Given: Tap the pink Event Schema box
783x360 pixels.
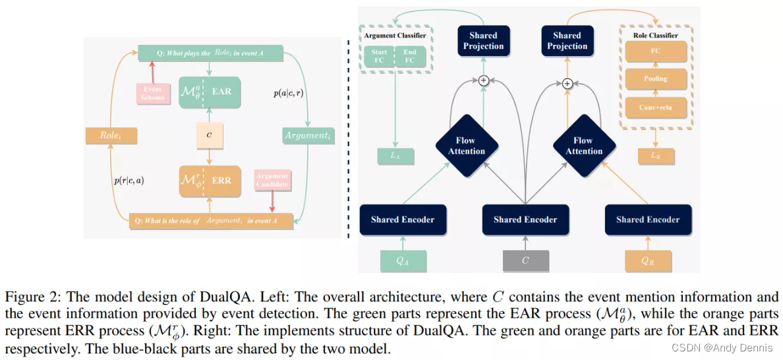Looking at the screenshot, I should click(x=153, y=93).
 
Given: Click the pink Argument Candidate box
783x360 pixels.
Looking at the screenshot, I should click(x=272, y=181).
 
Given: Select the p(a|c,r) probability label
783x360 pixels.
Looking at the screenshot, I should click(x=288, y=93).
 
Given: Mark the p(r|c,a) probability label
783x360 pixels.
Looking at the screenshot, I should click(x=129, y=180).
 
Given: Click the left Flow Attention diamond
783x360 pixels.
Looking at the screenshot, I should click(x=467, y=146).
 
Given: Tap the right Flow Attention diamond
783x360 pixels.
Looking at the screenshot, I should click(x=583, y=146).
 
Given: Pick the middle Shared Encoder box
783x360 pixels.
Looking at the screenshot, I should click(x=525, y=220).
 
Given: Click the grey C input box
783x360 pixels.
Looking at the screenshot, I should click(x=525, y=260).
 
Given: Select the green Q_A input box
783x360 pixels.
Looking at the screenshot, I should click(x=402, y=260).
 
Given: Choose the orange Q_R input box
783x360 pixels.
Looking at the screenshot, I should click(x=647, y=260).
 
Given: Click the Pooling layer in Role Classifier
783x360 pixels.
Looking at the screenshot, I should click(x=655, y=78).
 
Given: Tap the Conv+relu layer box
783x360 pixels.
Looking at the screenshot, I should click(x=655, y=107).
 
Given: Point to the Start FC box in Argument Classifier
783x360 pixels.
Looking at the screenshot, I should click(x=379, y=57).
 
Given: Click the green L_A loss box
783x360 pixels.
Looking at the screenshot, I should click(x=394, y=156).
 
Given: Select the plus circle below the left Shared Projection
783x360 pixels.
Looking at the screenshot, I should click(x=483, y=80).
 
